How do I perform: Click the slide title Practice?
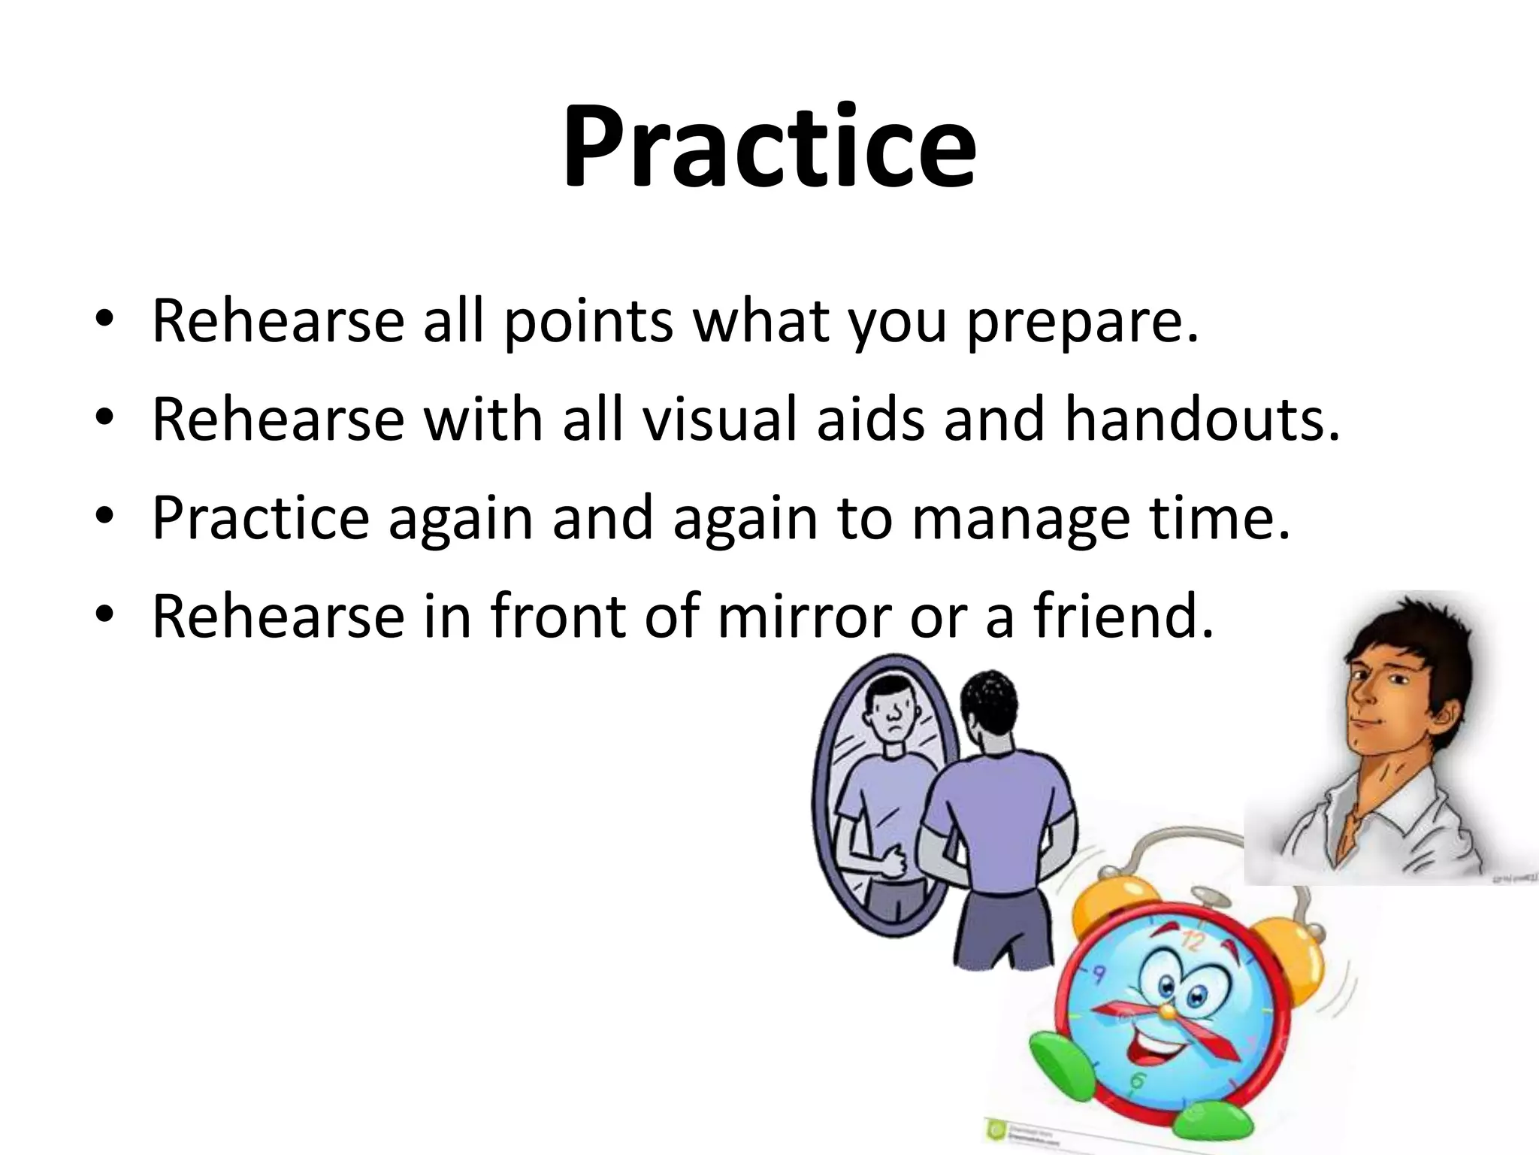pyautogui.click(x=769, y=147)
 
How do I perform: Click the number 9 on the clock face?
pyautogui.click(x=1098, y=975)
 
